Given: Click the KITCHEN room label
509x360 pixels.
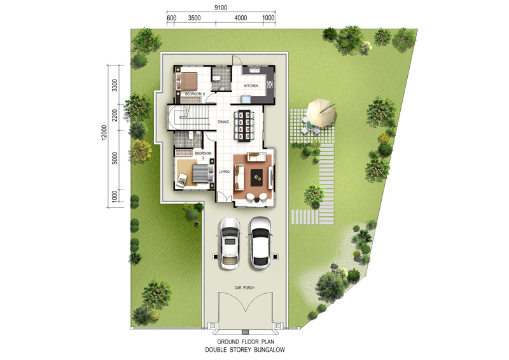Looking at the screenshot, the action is coord(251,86).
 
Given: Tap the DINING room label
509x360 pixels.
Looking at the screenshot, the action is coord(223,121).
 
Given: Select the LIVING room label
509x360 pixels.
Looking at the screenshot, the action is coord(225,171).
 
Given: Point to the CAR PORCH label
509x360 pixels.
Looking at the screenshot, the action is coord(244,287).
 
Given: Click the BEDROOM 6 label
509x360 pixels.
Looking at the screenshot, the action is coord(195,93).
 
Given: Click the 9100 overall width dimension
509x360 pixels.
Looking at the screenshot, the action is coord(221,8).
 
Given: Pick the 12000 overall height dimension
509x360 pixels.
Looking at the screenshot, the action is coord(104,132).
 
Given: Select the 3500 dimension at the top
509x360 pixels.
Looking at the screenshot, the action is coord(195,18).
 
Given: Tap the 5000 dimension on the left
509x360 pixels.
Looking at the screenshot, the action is coord(115,158).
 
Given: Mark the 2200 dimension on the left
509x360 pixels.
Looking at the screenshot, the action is coord(115,115).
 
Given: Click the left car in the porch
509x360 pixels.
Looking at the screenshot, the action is coord(230,243).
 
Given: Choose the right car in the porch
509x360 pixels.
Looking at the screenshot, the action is coord(260,243).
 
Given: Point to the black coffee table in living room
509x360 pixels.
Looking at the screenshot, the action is coord(258,177).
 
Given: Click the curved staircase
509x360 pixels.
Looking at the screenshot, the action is coord(187,117).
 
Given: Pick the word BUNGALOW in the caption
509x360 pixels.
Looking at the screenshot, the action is coord(269,350).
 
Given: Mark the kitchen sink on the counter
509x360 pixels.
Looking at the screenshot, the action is coord(254,70).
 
